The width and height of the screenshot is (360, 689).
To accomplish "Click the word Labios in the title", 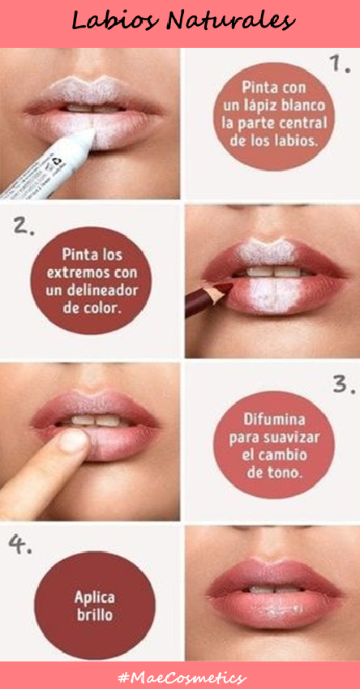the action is pos(114,20).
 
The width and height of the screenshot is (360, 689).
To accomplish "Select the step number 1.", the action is pos(340,64).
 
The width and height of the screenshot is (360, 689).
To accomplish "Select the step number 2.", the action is pos(23,225).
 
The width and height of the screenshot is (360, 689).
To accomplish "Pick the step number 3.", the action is pos(343,385).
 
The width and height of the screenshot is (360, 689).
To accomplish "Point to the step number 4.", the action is pos(19,545).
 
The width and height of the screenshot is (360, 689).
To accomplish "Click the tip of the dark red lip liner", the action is pos(231,285).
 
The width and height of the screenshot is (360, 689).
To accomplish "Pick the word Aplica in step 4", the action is pos(95,597).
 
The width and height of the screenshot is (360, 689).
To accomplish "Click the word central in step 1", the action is pos(306,123).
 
